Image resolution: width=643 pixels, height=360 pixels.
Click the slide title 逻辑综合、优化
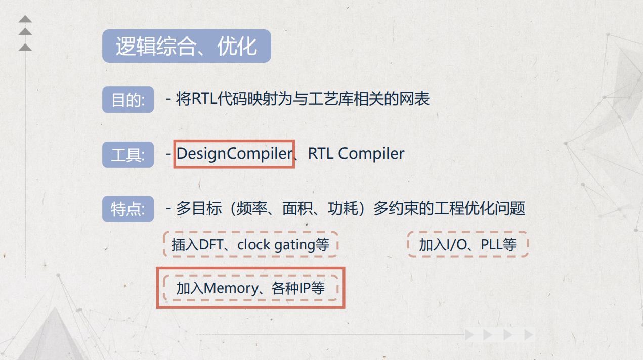point(186,47)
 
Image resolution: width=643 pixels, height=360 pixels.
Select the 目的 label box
point(127,100)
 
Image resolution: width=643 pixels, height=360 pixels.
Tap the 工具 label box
point(127,155)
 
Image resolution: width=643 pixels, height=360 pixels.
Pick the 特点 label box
point(127,209)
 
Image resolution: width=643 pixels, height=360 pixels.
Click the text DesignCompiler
point(234,154)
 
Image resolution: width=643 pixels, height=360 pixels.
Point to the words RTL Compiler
point(356,154)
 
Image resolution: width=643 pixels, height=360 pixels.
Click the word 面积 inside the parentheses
point(298,208)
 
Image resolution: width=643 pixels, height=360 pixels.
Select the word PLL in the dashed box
point(491,245)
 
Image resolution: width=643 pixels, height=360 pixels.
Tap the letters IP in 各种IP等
point(305,288)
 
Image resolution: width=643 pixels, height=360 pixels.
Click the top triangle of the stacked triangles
point(25,19)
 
